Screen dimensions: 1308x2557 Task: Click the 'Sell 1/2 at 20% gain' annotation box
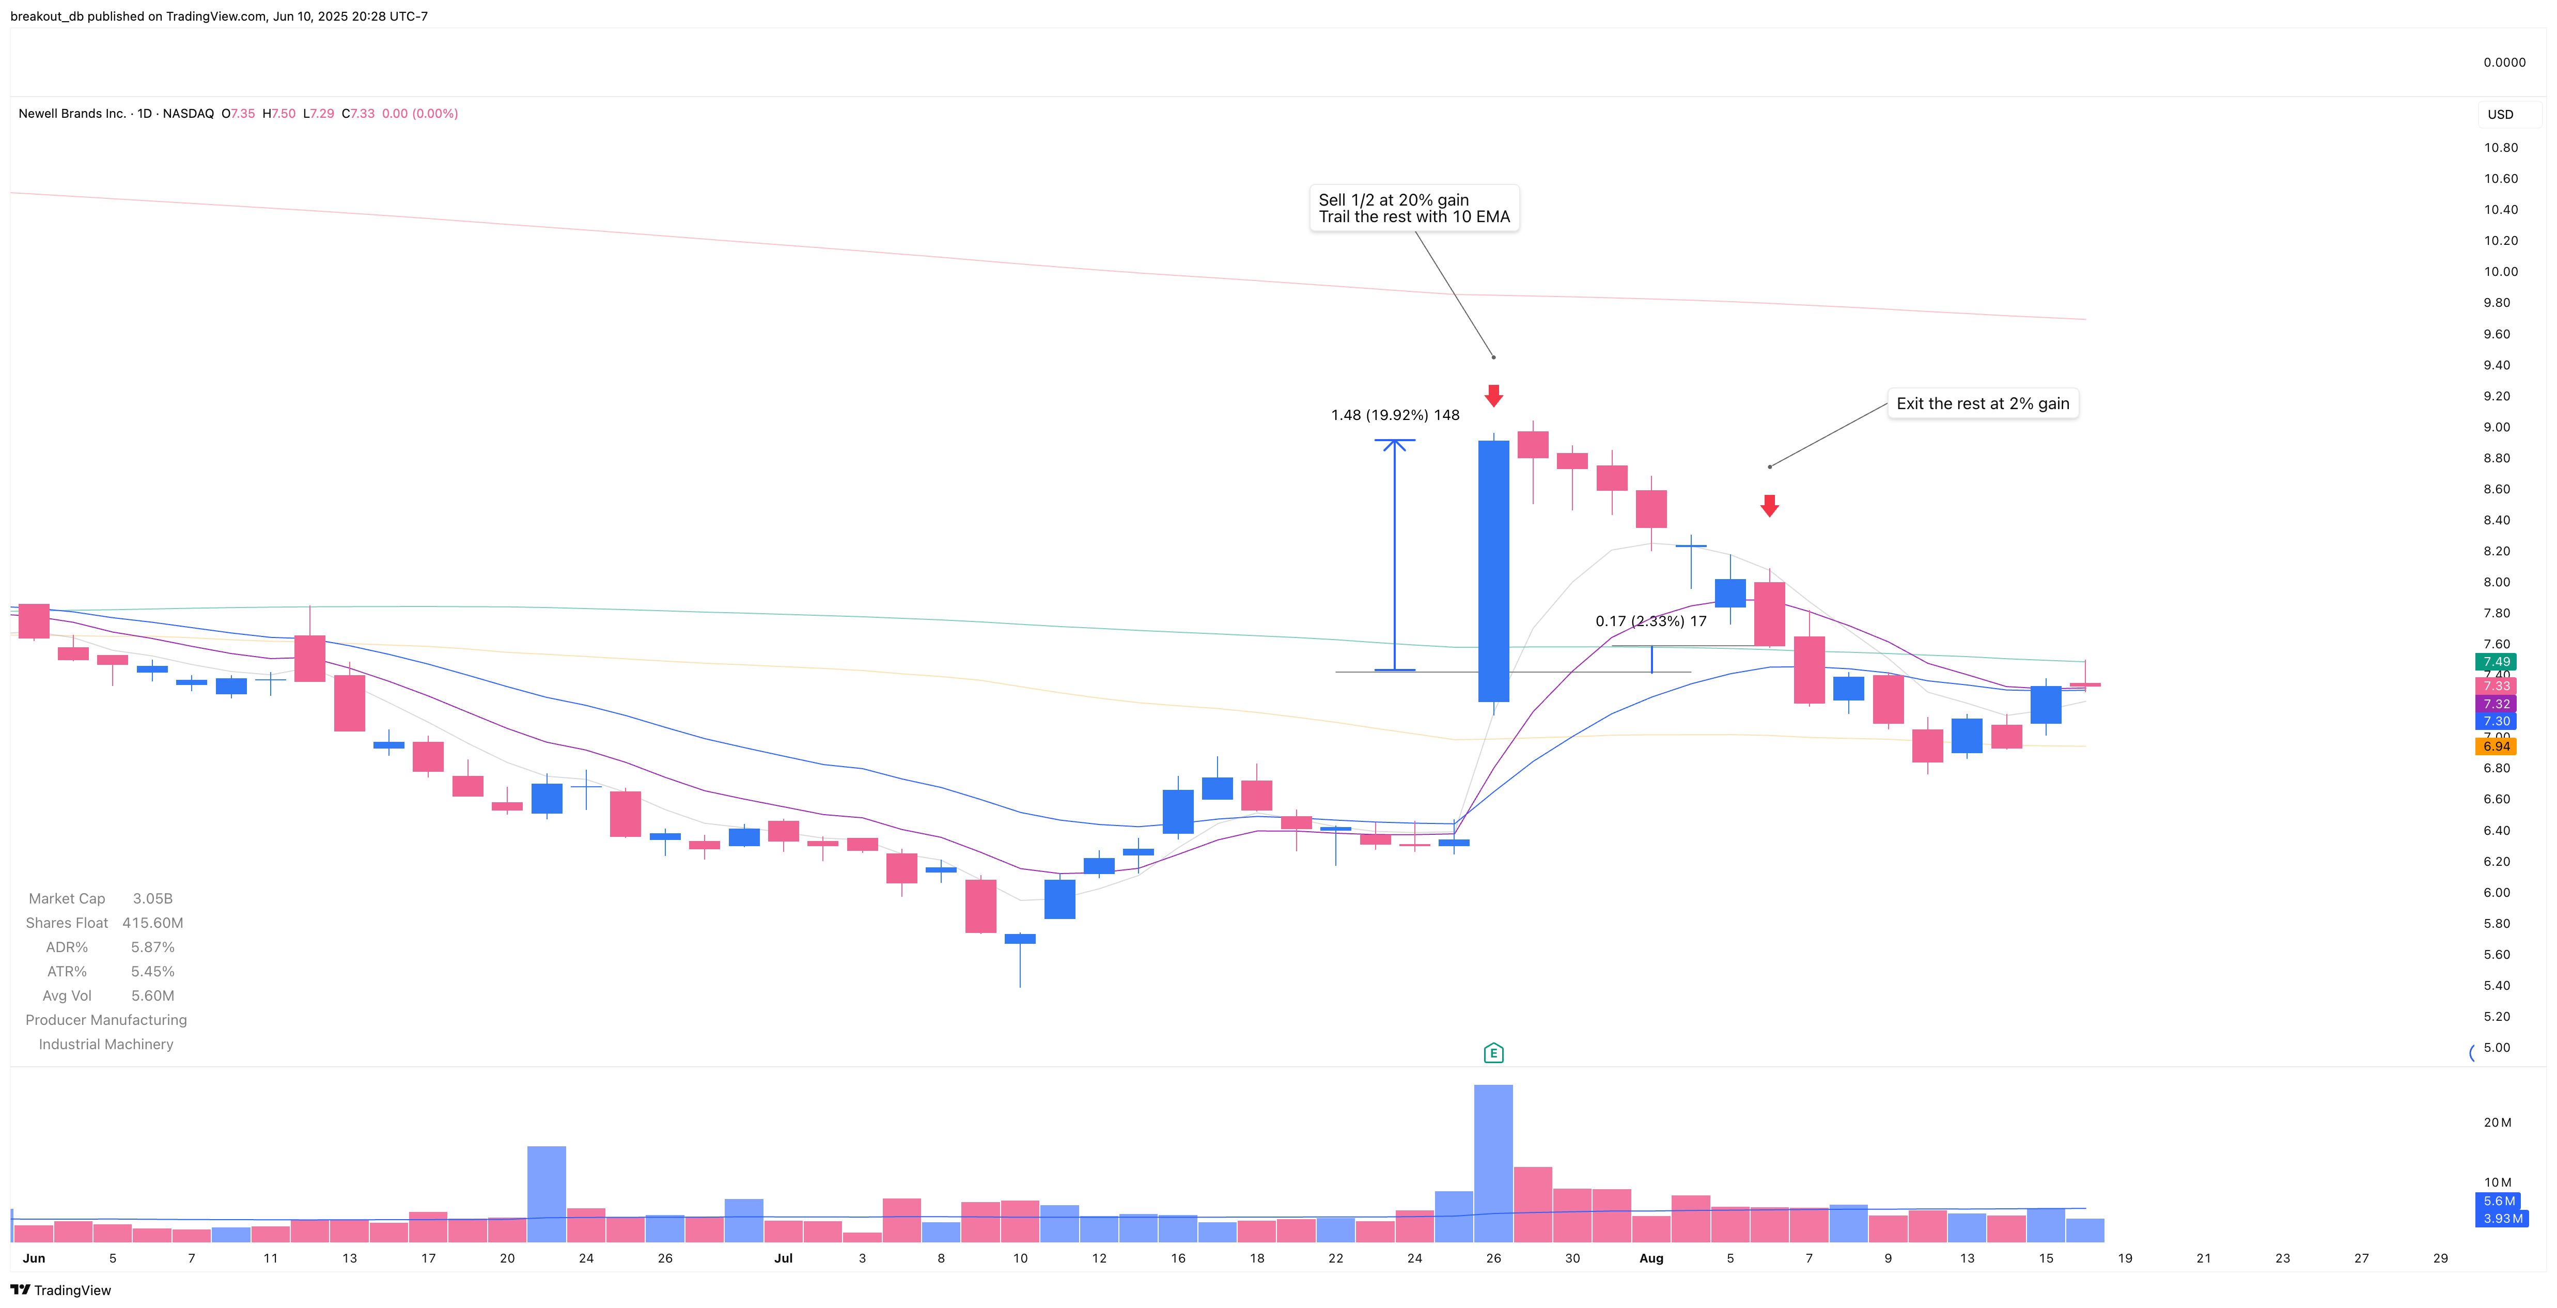1413,208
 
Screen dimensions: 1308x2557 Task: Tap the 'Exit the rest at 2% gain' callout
1982,404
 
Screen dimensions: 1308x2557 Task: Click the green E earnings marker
1493,1053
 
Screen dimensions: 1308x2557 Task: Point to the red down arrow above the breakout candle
1493,396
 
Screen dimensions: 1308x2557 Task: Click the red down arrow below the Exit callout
1769,506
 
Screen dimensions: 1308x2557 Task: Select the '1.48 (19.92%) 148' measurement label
1395,415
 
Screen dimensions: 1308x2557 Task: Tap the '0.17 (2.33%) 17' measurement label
1651,621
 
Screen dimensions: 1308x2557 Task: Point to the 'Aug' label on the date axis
1651,1258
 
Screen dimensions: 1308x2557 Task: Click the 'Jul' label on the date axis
783,1258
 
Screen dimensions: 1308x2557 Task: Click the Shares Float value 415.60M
153,923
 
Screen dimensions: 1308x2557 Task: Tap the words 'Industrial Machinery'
106,1044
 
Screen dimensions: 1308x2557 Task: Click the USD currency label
2500,114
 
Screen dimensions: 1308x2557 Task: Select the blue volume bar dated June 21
546,1194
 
